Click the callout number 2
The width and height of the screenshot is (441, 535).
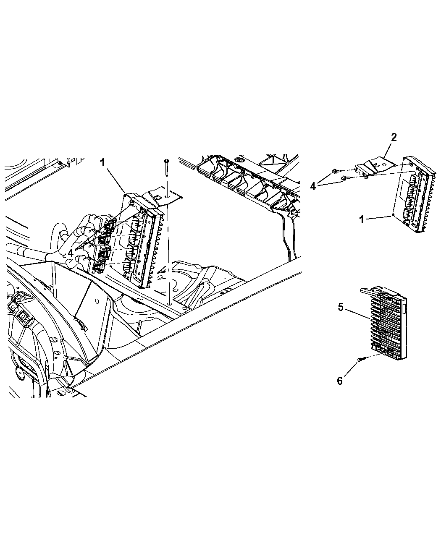tap(394, 138)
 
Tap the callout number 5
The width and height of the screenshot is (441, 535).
tap(341, 307)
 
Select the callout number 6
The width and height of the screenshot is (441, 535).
tap(340, 381)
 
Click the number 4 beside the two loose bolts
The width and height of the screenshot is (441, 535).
tap(313, 186)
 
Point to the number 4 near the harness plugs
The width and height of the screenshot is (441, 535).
tap(71, 253)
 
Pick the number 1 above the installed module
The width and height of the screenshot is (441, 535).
tap(102, 162)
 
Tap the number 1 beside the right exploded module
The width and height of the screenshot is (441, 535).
tap(362, 219)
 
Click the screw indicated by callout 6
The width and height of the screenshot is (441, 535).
tap(361, 360)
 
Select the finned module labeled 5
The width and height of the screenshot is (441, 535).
tap(384, 324)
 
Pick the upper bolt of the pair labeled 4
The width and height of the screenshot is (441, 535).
tap(336, 171)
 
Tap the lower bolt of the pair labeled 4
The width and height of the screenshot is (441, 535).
tap(346, 177)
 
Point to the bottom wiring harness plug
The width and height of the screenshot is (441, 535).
tap(99, 267)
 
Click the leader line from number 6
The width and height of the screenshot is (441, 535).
tap(351, 369)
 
